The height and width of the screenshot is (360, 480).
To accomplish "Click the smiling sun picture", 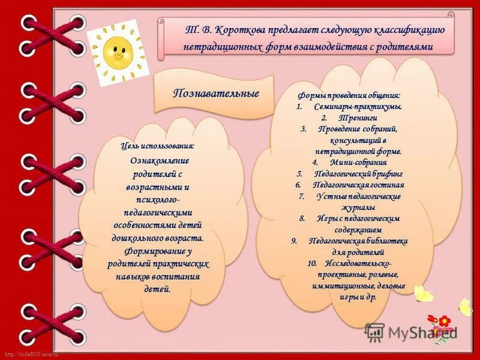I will [118, 52].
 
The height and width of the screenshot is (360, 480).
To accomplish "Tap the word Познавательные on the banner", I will [216, 93].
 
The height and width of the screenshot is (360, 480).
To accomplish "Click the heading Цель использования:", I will [157, 146].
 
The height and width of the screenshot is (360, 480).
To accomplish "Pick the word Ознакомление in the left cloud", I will [160, 161].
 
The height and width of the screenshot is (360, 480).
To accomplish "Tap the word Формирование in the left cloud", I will [158, 251].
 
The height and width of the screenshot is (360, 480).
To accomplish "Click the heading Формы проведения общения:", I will [349, 96].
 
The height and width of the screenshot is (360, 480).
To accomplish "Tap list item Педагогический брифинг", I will [358, 173].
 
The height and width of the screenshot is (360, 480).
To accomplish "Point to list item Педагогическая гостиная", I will [358, 185].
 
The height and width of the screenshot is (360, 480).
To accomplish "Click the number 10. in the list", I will [312, 263].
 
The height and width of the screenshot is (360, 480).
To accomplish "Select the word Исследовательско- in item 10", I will [359, 263].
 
